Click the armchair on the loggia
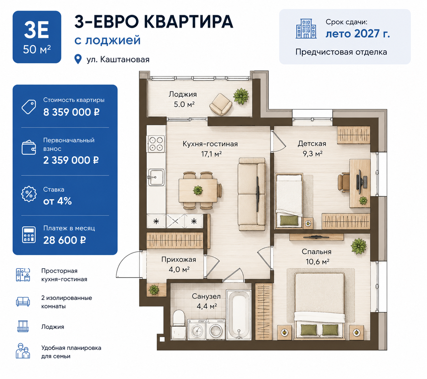click(x=221, y=104)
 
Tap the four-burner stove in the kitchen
click(x=156, y=144)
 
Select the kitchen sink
click(x=156, y=177)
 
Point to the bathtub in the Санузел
click(x=239, y=315)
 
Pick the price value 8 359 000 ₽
click(x=72, y=112)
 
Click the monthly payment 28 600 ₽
click(x=64, y=240)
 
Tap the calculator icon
click(x=29, y=235)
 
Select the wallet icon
click(x=29, y=148)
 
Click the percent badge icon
click(x=29, y=194)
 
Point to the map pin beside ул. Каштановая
click(x=78, y=59)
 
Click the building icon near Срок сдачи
click(x=306, y=29)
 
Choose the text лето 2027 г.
click(x=358, y=34)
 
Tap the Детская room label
click(x=312, y=144)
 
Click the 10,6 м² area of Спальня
click(x=318, y=262)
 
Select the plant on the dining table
click(x=198, y=190)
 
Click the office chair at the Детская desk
click(x=344, y=182)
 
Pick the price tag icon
click(x=29, y=107)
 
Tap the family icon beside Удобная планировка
click(x=23, y=351)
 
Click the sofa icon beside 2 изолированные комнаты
click(x=23, y=301)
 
